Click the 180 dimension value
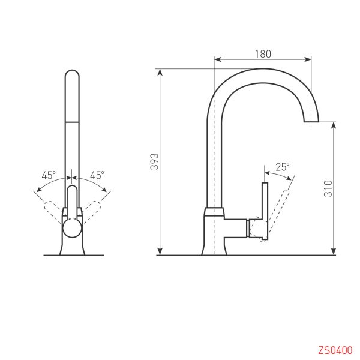click(263, 53)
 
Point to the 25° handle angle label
click(282, 167)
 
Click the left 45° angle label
click(49, 175)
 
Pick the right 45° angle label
click(97, 175)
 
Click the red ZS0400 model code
click(335, 350)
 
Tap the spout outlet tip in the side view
click(311, 122)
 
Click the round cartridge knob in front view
click(72, 228)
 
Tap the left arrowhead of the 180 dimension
click(217, 59)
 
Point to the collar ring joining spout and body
click(214, 211)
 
